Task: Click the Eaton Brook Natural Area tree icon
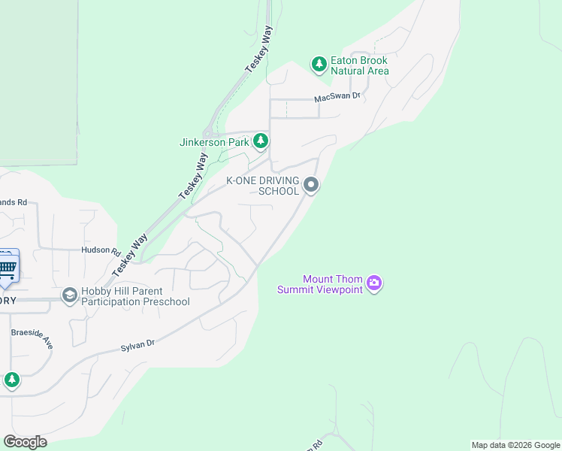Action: tap(319, 64)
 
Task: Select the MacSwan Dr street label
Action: tap(338, 97)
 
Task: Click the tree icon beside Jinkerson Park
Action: tap(261, 141)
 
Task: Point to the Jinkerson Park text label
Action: tap(214, 142)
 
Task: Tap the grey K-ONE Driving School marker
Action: tap(311, 184)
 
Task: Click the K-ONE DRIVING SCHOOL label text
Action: tap(263, 186)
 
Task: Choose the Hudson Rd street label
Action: tap(101, 250)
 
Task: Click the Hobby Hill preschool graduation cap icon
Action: tap(70, 295)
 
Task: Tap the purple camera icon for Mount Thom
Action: tap(374, 283)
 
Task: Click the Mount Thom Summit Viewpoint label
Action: tap(320, 284)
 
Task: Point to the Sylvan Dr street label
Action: tap(137, 345)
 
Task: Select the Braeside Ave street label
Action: tap(32, 339)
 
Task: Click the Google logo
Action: tap(25, 442)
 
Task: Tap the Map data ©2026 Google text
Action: tap(515, 445)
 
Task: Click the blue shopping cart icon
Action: tap(7, 267)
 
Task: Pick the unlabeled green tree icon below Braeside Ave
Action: tap(11, 380)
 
